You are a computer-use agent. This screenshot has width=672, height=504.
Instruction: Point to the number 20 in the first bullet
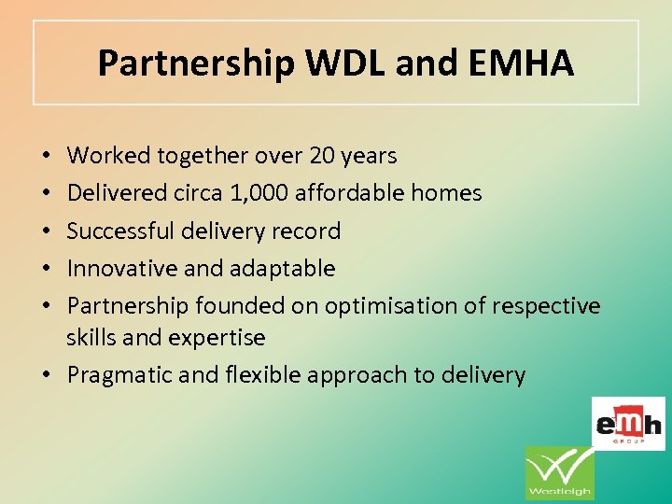pos(310,156)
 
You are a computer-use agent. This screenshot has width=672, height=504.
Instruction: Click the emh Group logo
pos(628,423)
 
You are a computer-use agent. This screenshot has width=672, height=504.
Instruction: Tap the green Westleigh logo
pos(559,472)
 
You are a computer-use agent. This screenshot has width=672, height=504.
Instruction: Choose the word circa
pos(199,193)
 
